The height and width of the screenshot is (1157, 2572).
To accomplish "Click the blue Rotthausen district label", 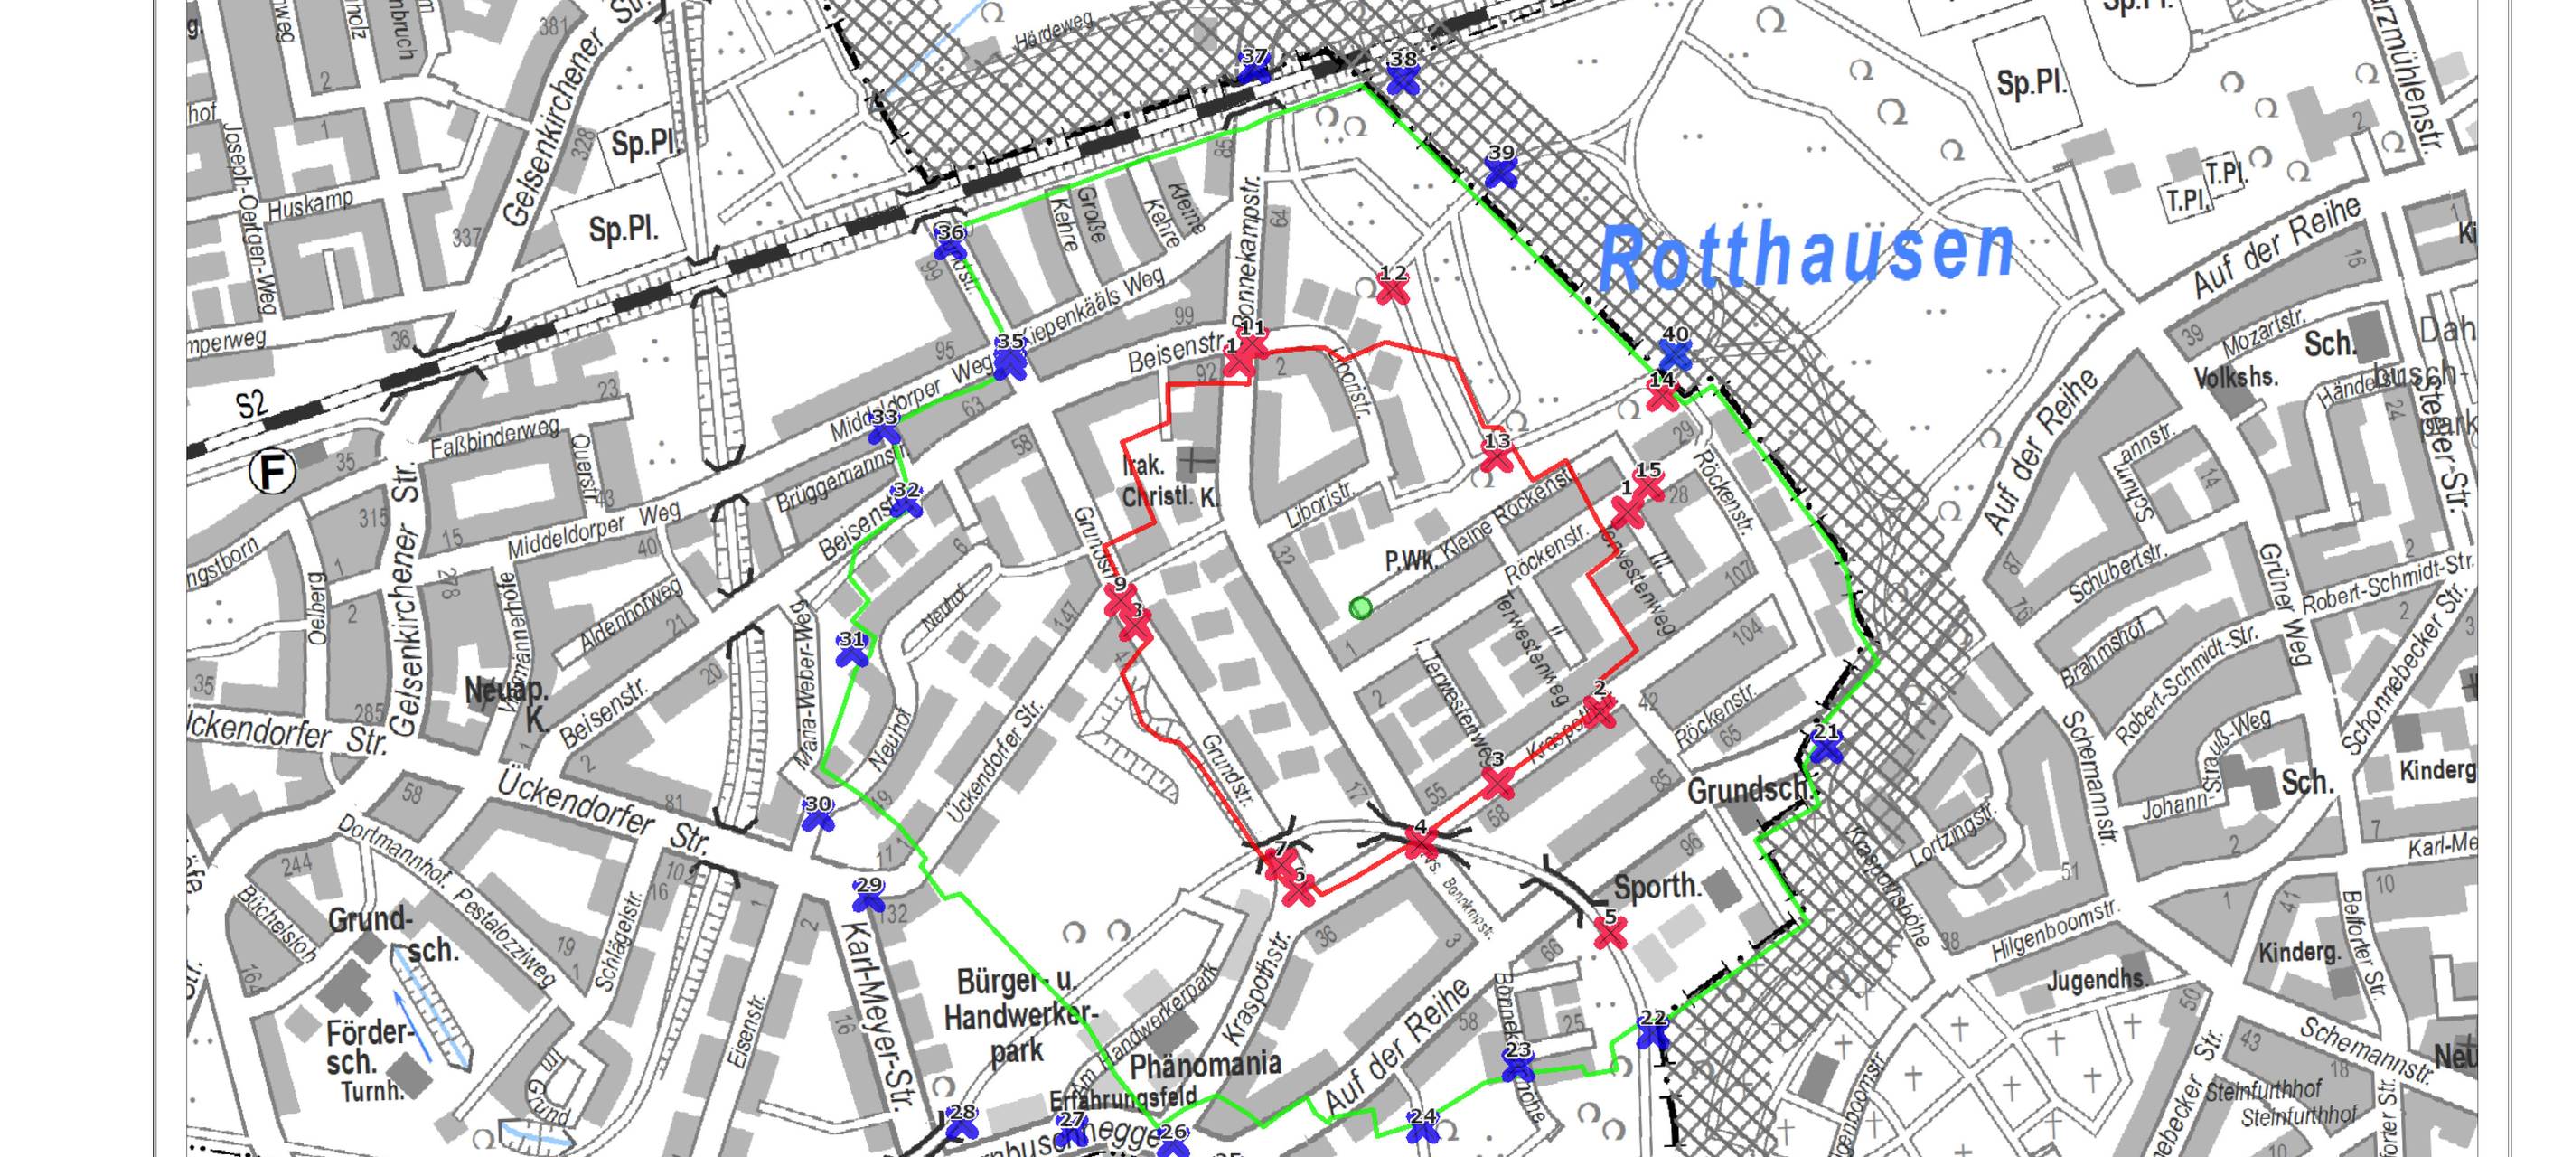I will [x=1807, y=252].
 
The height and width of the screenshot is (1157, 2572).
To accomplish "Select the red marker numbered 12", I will [x=1392, y=289].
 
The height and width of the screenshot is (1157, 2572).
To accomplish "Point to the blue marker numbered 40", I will [x=1676, y=353].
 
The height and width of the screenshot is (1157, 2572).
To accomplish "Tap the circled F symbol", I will [x=273, y=472].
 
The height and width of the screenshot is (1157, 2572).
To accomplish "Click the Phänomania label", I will [x=1206, y=1065].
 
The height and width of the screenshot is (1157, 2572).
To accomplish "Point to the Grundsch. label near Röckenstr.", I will [x=1747, y=792].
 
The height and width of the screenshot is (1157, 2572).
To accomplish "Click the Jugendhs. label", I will [x=2097, y=981].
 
